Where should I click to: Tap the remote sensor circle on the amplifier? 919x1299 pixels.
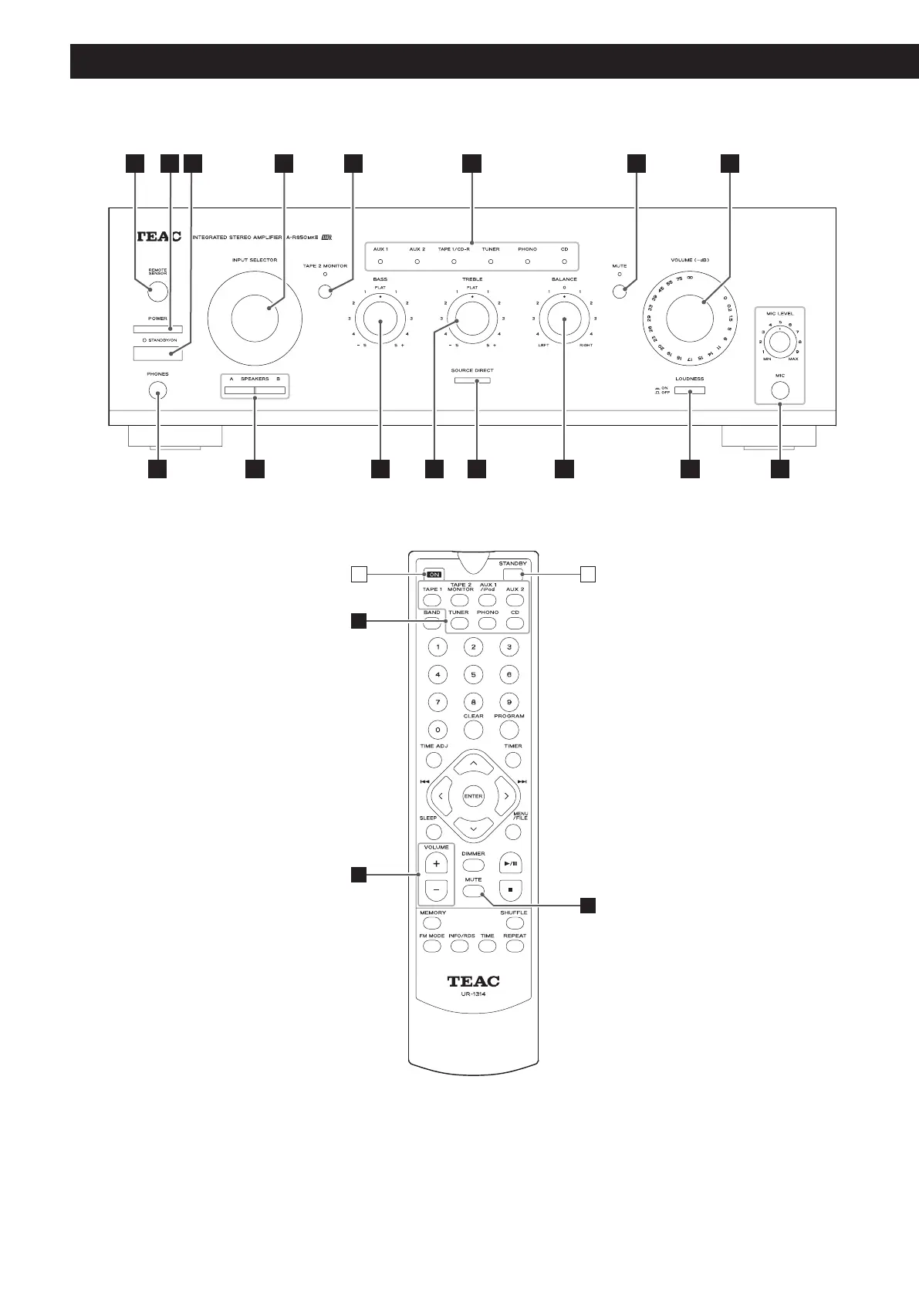coord(157,292)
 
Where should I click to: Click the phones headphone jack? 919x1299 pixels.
coord(157,392)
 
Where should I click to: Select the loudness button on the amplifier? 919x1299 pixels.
coord(689,390)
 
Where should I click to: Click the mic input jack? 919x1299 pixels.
coord(780,390)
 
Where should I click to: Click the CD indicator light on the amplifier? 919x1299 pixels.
coord(565,262)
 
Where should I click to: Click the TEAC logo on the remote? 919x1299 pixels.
coord(474,981)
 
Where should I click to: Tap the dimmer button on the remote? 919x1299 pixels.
coord(473,865)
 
